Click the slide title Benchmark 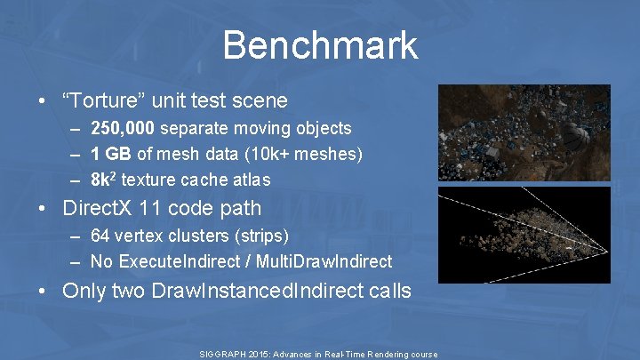tap(320, 44)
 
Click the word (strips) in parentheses tap(263, 237)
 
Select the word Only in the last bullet tap(86, 291)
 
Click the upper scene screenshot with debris tap(524, 133)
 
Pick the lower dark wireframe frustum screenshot tap(524, 234)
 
